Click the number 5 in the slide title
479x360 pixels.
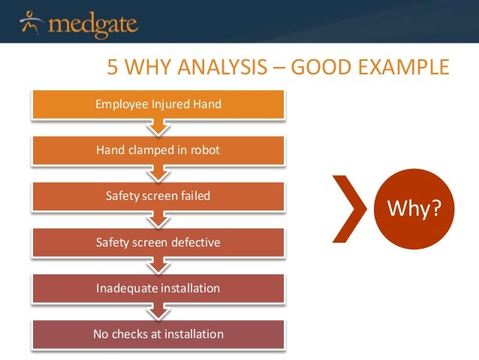point(113,70)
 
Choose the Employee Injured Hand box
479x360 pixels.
point(158,104)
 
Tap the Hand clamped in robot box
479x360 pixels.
point(158,150)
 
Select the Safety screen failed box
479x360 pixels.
point(158,196)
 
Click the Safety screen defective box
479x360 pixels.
point(158,242)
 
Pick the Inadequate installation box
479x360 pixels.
point(158,288)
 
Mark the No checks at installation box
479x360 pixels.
point(158,333)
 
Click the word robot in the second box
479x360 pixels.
point(206,150)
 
